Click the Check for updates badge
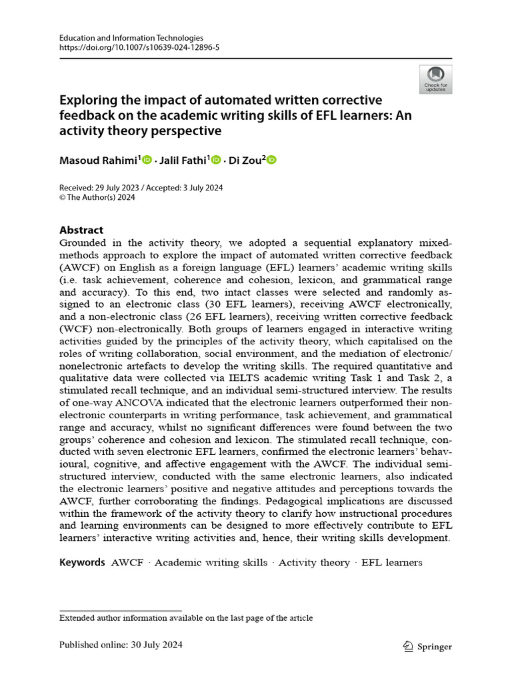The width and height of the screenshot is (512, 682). point(435,79)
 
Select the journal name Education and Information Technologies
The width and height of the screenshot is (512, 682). point(131,39)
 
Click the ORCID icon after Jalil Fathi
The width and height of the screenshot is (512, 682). point(215,160)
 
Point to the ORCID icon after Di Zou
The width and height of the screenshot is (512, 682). point(271,160)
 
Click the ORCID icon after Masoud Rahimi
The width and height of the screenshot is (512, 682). point(147,160)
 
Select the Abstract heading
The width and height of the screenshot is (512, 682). point(81,230)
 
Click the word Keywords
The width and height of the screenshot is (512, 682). point(82,562)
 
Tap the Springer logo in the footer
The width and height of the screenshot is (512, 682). point(428,646)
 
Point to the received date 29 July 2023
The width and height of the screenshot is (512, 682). point(121,188)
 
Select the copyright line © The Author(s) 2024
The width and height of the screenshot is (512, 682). point(97,198)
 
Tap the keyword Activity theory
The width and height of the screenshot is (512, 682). point(314,562)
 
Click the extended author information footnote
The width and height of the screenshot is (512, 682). point(186,617)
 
